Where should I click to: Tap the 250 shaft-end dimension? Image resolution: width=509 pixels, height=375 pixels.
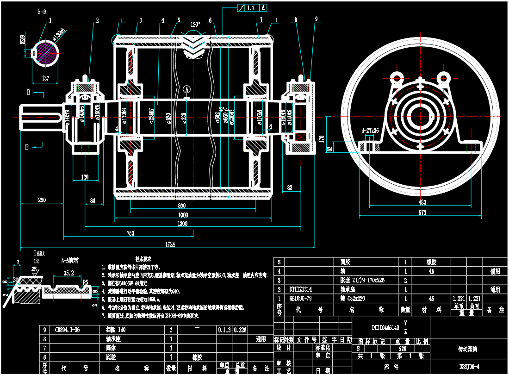pos(42,200)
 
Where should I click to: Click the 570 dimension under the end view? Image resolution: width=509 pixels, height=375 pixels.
pos(422,213)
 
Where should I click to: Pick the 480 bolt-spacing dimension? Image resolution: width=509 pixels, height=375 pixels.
pos(422,202)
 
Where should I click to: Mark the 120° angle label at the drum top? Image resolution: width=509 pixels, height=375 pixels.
pos(195,25)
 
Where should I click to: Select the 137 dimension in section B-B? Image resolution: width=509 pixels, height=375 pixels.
pos(45,79)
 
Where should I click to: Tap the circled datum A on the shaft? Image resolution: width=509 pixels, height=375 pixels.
pos(186,88)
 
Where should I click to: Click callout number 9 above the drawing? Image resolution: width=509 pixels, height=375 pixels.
pos(317,19)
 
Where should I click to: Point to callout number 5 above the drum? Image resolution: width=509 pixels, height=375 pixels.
pos(178,20)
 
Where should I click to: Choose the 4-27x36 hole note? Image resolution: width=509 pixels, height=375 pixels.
pos(370,131)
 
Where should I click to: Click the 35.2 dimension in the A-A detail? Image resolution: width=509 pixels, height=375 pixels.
pos(68,273)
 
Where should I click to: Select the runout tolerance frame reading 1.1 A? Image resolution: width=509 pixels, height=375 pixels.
pos(253,8)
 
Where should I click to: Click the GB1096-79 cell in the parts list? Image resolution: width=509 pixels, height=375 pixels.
pos(301,299)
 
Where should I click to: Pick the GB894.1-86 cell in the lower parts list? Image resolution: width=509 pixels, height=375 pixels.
pos(67,330)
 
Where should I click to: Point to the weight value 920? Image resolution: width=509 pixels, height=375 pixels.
pos(402,349)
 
